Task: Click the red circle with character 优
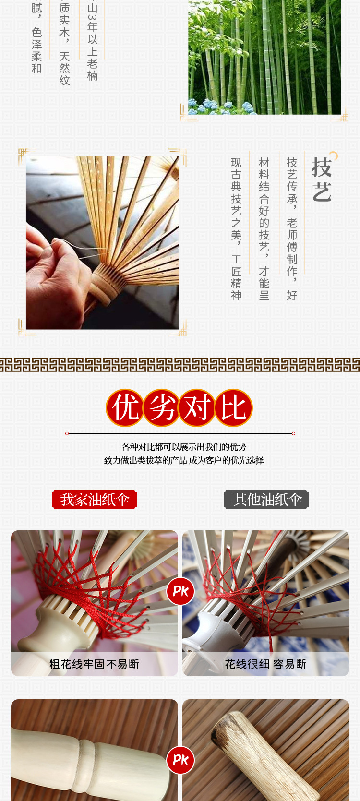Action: [125, 408]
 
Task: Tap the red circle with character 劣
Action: [161, 408]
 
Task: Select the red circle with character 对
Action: [197, 408]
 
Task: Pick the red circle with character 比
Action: [233, 408]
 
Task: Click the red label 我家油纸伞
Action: [95, 500]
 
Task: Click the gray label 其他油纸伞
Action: [267, 500]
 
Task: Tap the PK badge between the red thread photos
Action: [180, 591]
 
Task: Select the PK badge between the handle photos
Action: [180, 760]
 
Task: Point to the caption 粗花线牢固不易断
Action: [94, 664]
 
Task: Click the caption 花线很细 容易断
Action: [265, 664]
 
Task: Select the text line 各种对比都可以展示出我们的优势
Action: [184, 447]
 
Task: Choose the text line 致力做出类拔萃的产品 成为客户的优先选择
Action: [184, 460]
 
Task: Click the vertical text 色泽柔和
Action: [37, 50]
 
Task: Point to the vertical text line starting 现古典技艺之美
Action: [236, 229]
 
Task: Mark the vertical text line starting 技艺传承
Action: [292, 229]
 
